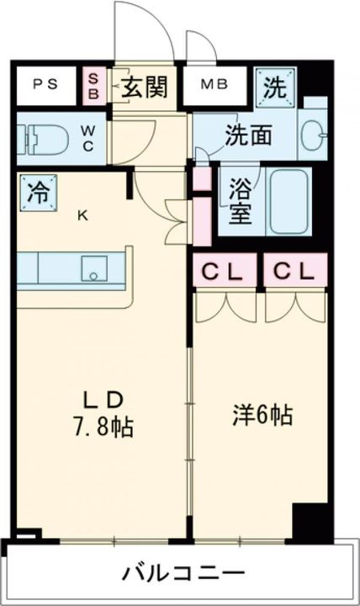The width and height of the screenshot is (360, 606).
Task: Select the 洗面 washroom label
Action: [x=247, y=134]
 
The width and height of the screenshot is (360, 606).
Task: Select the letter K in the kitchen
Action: [x=82, y=215]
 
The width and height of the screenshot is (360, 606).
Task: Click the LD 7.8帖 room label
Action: [x=106, y=411]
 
